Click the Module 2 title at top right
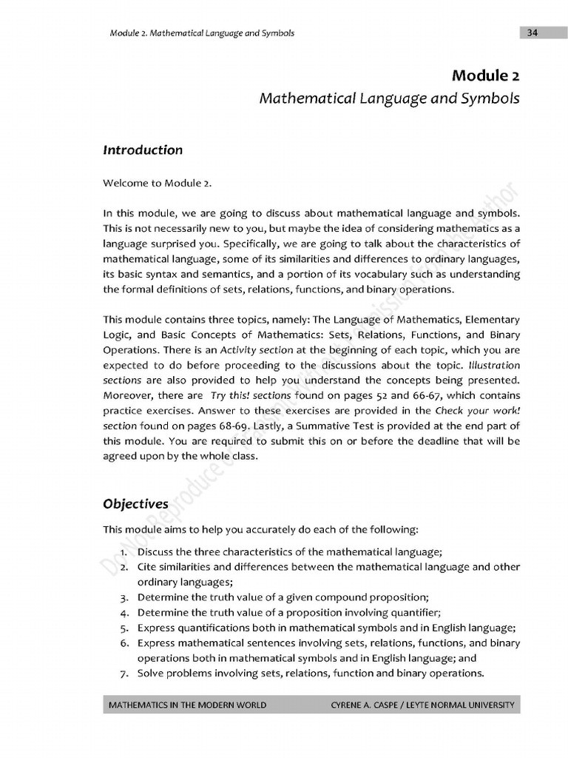[486, 76]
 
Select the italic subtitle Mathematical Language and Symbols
[389, 98]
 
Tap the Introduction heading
[143, 150]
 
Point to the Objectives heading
[135, 504]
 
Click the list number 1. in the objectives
[125, 552]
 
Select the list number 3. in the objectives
[125, 597]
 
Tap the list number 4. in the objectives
[125, 612]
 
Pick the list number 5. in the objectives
[125, 627]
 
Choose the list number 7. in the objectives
[125, 673]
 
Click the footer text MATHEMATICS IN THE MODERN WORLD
[187, 705]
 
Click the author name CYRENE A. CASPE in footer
[367, 705]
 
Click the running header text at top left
[201, 33]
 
